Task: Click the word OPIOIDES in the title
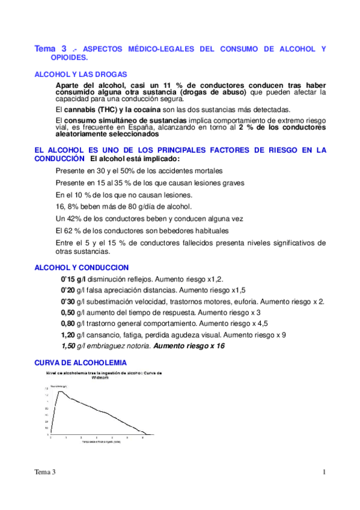(70, 58)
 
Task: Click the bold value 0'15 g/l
(73, 280)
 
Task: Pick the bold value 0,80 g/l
(73, 323)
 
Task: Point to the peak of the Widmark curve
(60, 392)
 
